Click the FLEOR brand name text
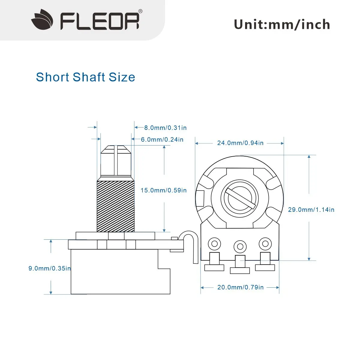click(x=100, y=21)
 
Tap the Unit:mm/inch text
click(x=282, y=24)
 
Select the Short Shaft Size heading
click(x=85, y=77)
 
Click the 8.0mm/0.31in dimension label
click(x=165, y=128)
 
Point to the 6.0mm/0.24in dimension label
click(x=162, y=139)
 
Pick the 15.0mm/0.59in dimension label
click(x=163, y=190)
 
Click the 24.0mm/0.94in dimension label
click(x=240, y=143)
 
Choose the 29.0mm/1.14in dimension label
click(x=311, y=210)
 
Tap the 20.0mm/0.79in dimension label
click(x=240, y=287)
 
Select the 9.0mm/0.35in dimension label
click(x=49, y=268)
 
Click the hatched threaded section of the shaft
click(x=115, y=206)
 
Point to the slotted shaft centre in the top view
click(x=240, y=199)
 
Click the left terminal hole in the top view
click(x=214, y=244)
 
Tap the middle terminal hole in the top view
click(x=240, y=246)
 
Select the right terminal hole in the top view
click(x=265, y=243)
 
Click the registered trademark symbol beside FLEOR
click(x=140, y=11)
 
